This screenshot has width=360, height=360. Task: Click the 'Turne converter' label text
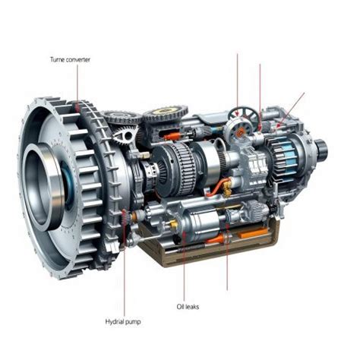[70, 60]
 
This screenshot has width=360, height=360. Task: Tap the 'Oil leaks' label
[188, 307]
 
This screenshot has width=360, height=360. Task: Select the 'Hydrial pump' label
[123, 322]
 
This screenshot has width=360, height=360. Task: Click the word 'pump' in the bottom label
[132, 323]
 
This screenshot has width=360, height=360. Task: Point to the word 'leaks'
[192, 307]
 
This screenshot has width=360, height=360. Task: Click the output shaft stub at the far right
[321, 148]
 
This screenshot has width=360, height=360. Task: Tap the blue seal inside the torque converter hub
[66, 182]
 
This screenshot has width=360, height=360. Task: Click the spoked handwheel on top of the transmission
[240, 115]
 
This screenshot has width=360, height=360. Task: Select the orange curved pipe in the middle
[218, 187]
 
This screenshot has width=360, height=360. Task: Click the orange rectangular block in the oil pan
[253, 232]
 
